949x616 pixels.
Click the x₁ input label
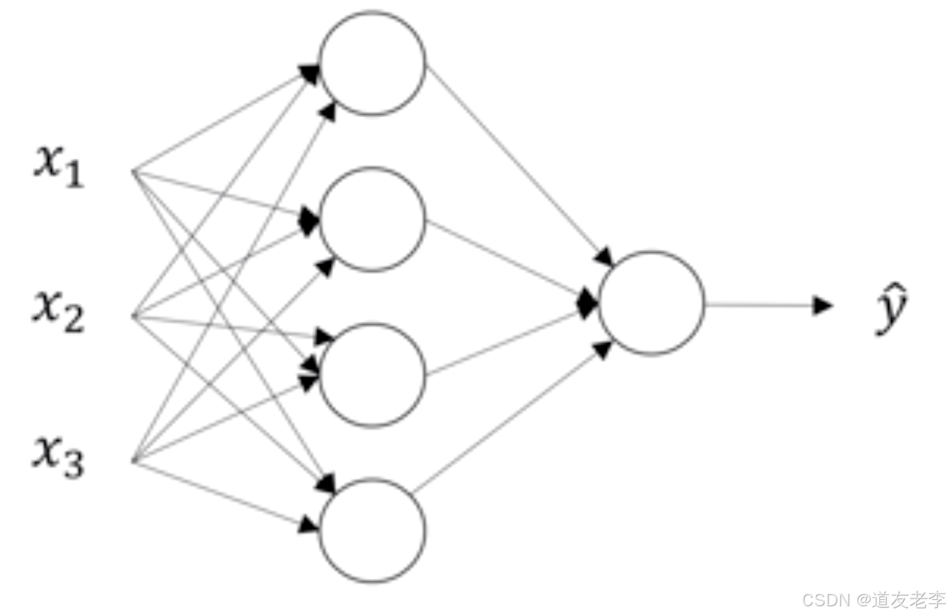(59, 167)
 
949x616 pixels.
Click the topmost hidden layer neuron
(372, 63)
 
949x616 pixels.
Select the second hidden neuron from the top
(372, 219)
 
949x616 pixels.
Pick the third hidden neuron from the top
(372, 374)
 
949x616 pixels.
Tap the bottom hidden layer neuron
(372, 530)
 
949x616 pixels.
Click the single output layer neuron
(651, 303)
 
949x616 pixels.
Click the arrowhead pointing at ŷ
(824, 305)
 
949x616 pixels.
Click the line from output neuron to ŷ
(759, 305)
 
